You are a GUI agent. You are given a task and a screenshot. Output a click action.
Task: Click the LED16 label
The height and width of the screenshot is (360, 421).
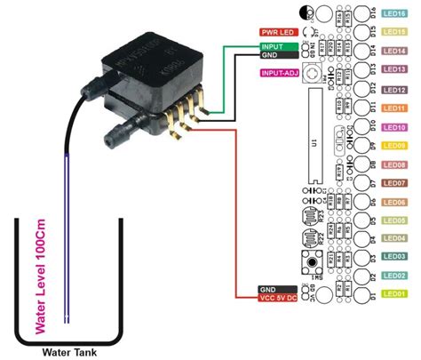pyautogui.click(x=394, y=14)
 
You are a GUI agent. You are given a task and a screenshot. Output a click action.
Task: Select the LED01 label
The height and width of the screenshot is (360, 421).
pyautogui.click(x=394, y=294)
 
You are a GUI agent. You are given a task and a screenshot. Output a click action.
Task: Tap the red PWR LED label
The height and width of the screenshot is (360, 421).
pyautogui.click(x=276, y=31)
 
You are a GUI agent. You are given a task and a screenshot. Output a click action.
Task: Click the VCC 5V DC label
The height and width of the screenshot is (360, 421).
pyautogui.click(x=276, y=299)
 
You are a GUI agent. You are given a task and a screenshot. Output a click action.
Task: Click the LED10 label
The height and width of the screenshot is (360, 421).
pyautogui.click(x=394, y=127)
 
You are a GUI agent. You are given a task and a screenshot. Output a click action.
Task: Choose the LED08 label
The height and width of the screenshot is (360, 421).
pyautogui.click(x=394, y=164)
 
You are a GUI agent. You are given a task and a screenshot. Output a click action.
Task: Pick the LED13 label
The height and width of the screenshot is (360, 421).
pyautogui.click(x=394, y=70)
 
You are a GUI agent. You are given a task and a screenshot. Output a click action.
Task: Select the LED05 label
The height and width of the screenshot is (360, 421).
pyautogui.click(x=394, y=220)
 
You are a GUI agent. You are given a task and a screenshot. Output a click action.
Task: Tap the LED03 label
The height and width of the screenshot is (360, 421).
pyautogui.click(x=394, y=257)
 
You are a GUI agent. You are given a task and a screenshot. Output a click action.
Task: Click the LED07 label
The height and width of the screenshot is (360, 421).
pyautogui.click(x=394, y=183)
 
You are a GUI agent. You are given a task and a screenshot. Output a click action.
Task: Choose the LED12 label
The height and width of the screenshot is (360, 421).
pyautogui.click(x=394, y=90)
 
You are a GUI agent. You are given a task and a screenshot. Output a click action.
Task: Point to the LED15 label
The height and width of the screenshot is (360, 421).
pyautogui.click(x=394, y=33)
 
